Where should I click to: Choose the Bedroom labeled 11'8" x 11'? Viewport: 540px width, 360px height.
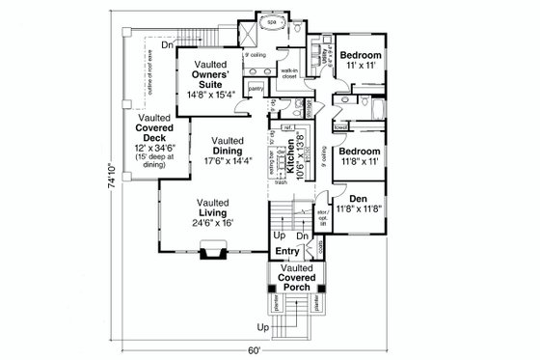click(365, 156)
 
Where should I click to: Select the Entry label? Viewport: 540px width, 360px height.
click(286, 252)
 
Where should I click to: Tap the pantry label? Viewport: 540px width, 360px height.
click(256, 89)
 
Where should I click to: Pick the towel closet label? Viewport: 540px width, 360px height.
click(340, 126)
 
